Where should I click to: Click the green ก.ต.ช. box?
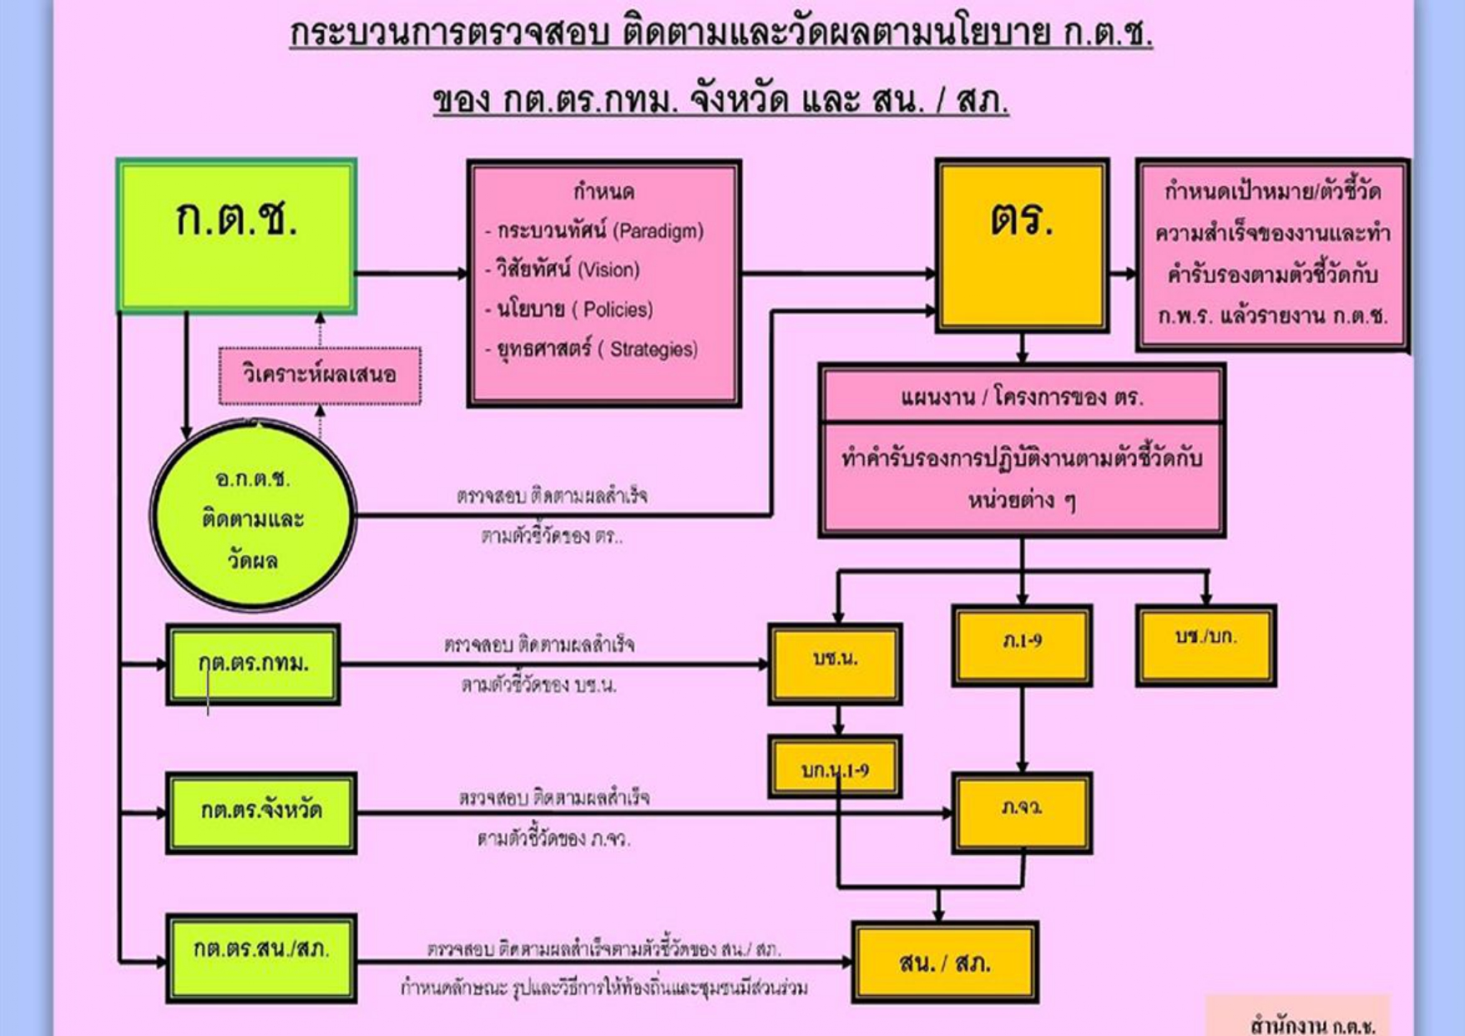click(237, 236)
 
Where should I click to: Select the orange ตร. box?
click(1022, 245)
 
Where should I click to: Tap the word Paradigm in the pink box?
click(659, 231)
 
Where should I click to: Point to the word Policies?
click(617, 310)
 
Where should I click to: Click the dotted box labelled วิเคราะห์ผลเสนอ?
click(320, 374)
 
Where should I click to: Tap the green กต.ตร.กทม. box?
click(253, 665)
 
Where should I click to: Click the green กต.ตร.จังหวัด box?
click(261, 811)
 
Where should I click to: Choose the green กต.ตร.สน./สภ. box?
click(261, 957)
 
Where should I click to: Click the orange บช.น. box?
click(835, 663)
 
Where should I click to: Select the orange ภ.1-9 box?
click(1022, 644)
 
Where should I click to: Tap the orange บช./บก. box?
click(1205, 644)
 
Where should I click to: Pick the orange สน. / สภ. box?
click(945, 963)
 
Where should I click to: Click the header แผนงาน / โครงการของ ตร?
click(1022, 397)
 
